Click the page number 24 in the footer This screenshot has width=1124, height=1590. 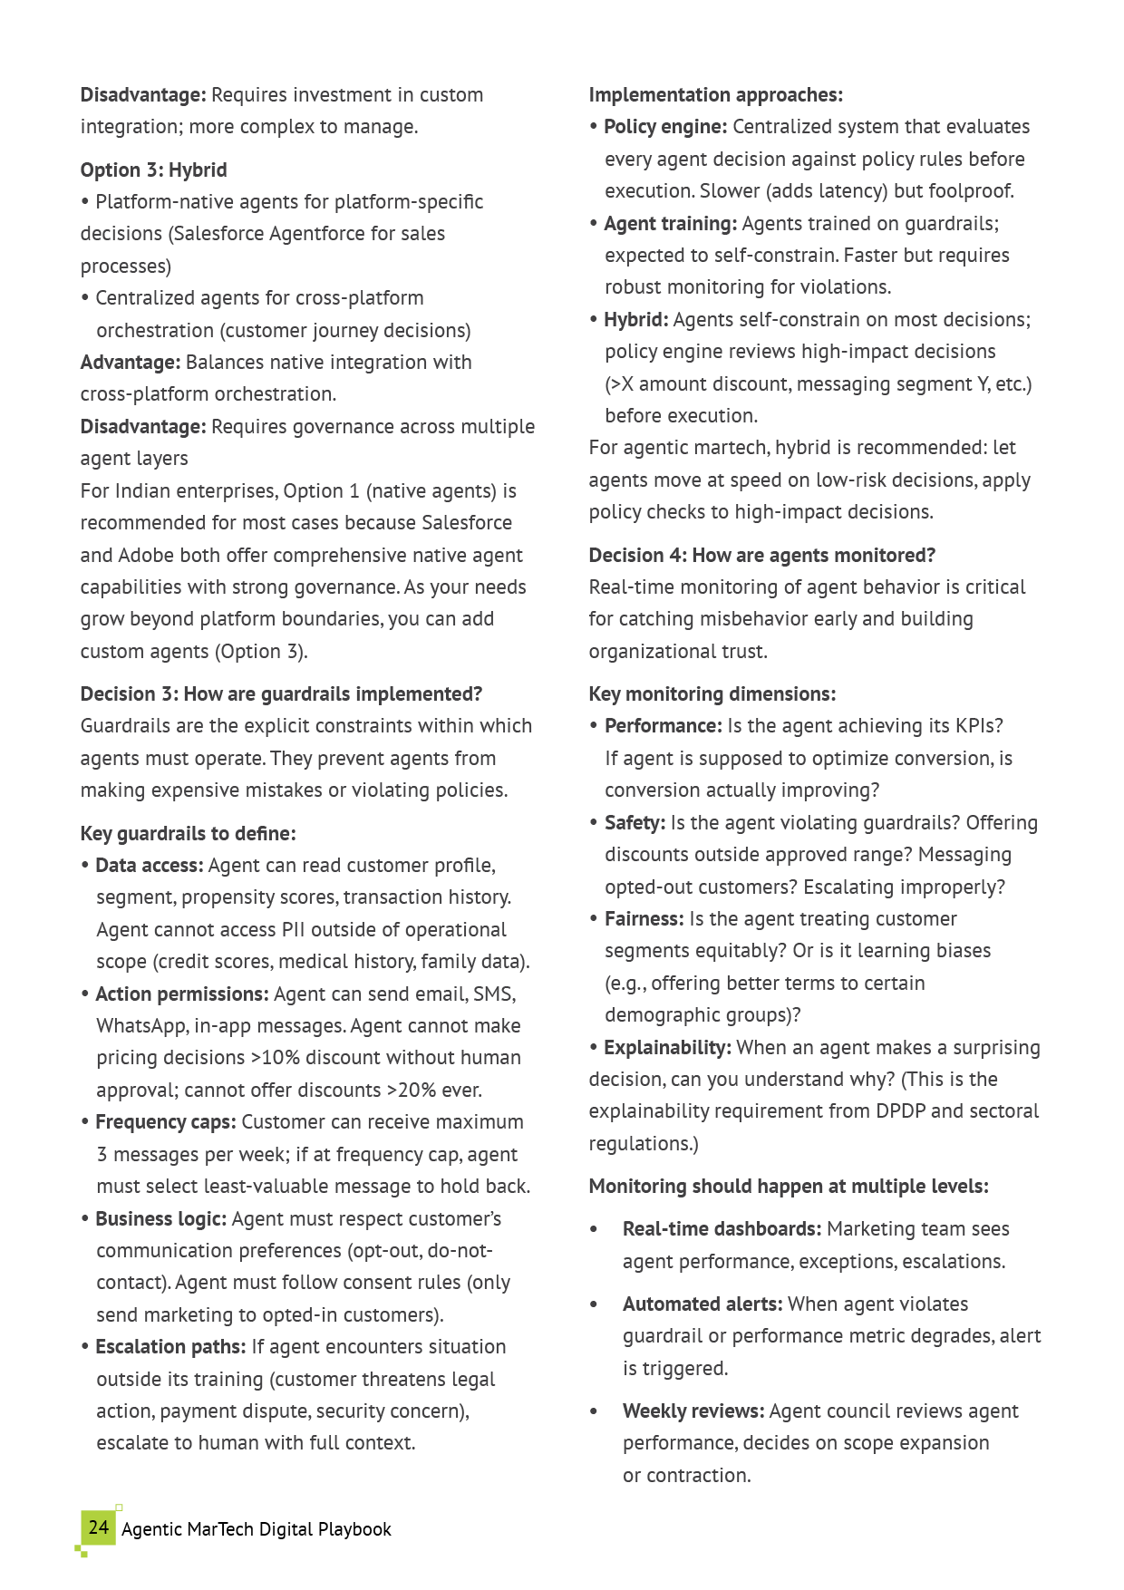click(x=98, y=1527)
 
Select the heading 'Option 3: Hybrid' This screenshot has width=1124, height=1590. click(x=153, y=170)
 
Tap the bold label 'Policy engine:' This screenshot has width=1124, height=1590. click(x=665, y=127)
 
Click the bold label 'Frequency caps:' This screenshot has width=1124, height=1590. click(x=165, y=1122)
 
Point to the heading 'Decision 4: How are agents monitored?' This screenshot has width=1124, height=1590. click(x=761, y=556)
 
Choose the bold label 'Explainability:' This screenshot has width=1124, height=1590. click(x=667, y=1048)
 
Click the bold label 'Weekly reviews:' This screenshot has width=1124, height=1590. click(x=693, y=1411)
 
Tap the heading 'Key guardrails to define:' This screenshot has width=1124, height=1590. click(x=188, y=834)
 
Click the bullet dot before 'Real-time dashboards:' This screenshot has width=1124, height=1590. click(x=594, y=1230)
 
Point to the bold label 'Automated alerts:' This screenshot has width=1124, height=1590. click(x=702, y=1304)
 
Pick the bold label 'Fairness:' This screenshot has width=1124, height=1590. click(x=644, y=919)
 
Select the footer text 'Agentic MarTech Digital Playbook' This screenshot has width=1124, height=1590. click(x=257, y=1529)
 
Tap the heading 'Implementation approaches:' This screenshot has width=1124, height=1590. click(x=715, y=95)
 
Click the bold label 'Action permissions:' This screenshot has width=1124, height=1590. click(x=181, y=994)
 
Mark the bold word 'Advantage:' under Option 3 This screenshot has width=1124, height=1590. click(x=131, y=363)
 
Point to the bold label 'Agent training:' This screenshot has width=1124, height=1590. click(x=670, y=224)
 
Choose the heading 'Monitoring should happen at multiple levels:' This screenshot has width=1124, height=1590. click(x=789, y=1187)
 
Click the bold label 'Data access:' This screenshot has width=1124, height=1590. click(x=149, y=866)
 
